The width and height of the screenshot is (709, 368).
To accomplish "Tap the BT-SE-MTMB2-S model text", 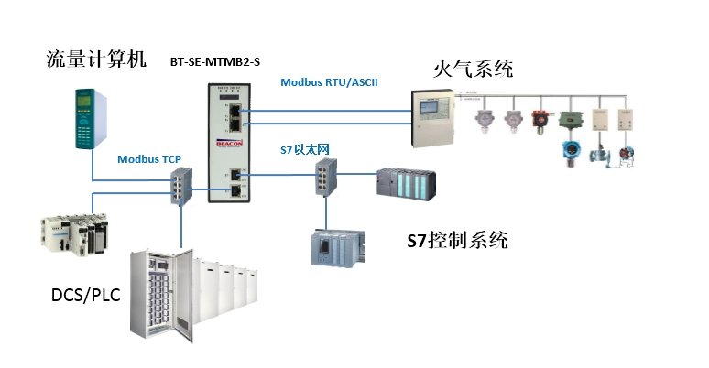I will click(x=215, y=62).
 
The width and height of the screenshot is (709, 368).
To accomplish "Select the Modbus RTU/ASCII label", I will click(x=329, y=81).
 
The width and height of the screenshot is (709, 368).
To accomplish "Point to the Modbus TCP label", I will click(x=149, y=158).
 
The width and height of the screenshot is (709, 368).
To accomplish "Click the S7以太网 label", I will click(x=305, y=148).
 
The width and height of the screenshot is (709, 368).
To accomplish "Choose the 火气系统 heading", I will click(x=473, y=69).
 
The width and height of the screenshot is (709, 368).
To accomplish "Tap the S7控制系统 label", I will click(x=457, y=241).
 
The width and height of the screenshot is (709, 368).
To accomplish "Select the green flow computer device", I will click(x=90, y=117).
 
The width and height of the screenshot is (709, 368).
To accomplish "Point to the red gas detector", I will click(x=540, y=119).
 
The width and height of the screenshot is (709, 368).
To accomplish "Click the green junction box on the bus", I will click(x=570, y=120).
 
